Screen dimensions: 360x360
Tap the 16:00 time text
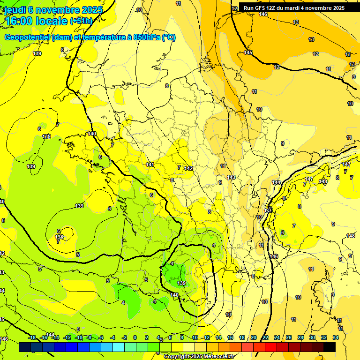19,21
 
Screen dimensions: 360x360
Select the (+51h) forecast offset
81,21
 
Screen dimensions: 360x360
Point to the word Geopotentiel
27,37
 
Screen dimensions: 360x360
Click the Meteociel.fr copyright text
217,357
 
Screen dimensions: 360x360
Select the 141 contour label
150,165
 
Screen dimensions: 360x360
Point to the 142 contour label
189,168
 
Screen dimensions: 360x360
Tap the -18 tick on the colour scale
32,337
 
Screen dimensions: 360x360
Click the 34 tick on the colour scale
336,337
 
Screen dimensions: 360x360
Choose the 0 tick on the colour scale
135,337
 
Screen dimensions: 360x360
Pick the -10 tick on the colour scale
79,337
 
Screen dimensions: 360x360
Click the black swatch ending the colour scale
330,347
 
